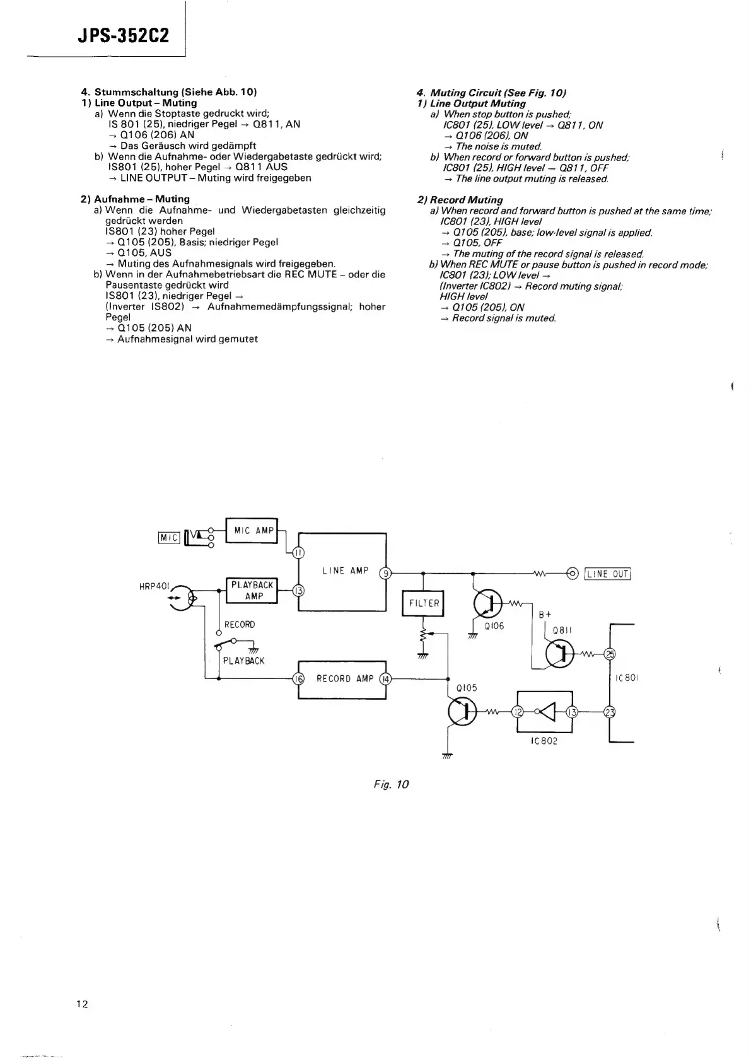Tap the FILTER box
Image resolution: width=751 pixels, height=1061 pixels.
tap(424, 603)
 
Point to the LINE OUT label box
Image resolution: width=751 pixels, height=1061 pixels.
tap(608, 574)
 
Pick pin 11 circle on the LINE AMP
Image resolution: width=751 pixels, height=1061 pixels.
tap(299, 553)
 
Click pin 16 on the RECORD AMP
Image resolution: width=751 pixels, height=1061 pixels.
tap(299, 679)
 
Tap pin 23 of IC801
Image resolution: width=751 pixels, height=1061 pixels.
tap(610, 712)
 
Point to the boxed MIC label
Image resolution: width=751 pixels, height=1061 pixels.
tap(169, 537)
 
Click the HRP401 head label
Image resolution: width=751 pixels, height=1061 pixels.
tap(154, 586)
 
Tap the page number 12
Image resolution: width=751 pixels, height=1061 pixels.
tap(82, 1004)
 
